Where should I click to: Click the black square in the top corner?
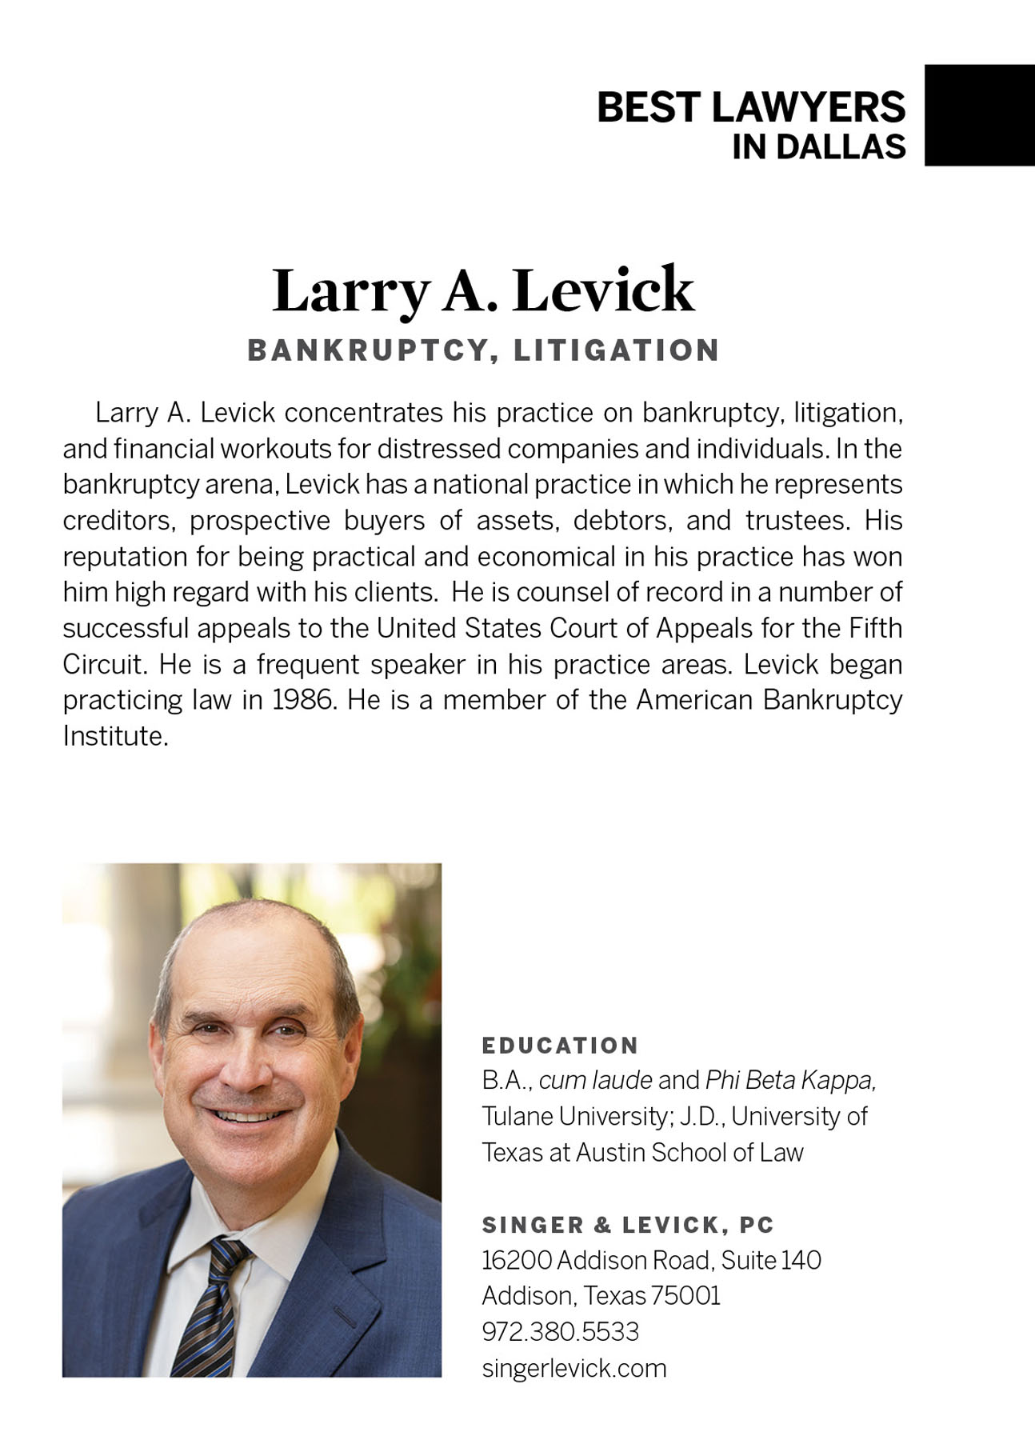click(x=979, y=115)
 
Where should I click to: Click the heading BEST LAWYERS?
click(x=751, y=107)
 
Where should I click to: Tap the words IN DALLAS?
click(x=818, y=147)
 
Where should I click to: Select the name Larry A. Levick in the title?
click(x=483, y=290)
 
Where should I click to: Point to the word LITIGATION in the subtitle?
click(x=617, y=350)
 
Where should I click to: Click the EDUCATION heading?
click(x=560, y=1046)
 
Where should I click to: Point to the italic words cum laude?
click(x=596, y=1080)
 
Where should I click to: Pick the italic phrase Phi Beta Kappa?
click(x=789, y=1080)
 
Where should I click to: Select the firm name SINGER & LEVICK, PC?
click(x=628, y=1225)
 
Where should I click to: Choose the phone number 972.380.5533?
click(x=560, y=1332)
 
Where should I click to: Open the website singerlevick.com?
click(x=573, y=1368)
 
